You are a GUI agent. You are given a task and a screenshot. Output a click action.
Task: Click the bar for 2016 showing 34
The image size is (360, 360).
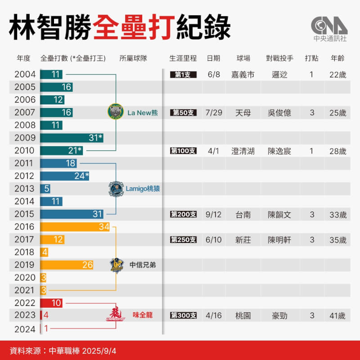(75, 227)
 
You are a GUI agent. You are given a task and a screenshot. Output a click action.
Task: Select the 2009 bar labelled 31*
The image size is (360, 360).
(72, 138)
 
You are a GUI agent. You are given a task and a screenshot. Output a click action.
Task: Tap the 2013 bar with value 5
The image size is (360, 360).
(45, 189)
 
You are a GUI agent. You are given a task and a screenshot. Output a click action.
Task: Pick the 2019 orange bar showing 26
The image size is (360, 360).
(67, 265)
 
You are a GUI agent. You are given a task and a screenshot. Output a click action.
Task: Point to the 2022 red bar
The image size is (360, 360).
(51, 303)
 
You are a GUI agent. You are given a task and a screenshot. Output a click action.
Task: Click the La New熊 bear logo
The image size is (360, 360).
(116, 112)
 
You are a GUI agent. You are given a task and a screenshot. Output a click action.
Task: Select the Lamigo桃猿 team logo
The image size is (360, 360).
(116, 189)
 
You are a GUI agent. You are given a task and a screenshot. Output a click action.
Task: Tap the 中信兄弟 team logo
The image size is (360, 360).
(117, 265)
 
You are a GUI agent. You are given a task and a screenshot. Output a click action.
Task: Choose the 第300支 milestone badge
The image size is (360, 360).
(183, 315)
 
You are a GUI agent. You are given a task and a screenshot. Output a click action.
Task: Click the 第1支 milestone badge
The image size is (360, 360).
(183, 74)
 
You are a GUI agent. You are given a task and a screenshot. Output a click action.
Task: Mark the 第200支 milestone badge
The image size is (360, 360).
(183, 215)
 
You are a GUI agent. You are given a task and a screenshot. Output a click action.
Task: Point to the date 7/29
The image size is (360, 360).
(214, 112)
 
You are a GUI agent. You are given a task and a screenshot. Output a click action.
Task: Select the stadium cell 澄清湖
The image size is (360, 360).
(243, 151)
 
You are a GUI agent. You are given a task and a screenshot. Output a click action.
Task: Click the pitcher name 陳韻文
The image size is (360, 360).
(279, 215)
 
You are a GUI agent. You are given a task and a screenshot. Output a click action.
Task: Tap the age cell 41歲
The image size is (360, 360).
(337, 315)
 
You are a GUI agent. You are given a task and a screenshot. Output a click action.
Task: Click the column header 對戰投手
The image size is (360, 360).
(279, 58)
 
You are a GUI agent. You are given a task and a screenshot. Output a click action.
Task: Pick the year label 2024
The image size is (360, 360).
(25, 329)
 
